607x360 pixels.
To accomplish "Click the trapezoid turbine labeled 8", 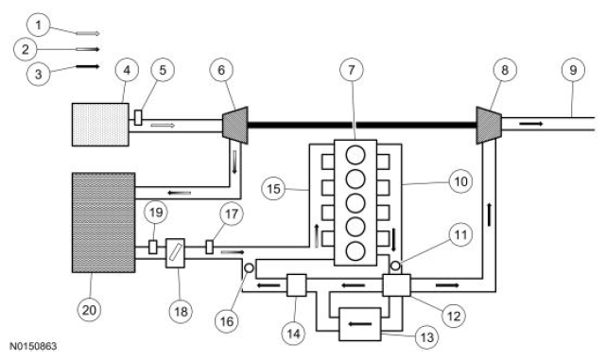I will tap(488, 123).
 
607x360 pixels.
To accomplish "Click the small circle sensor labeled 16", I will tap(248, 268).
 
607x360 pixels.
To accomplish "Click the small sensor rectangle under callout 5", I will tap(138, 118).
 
